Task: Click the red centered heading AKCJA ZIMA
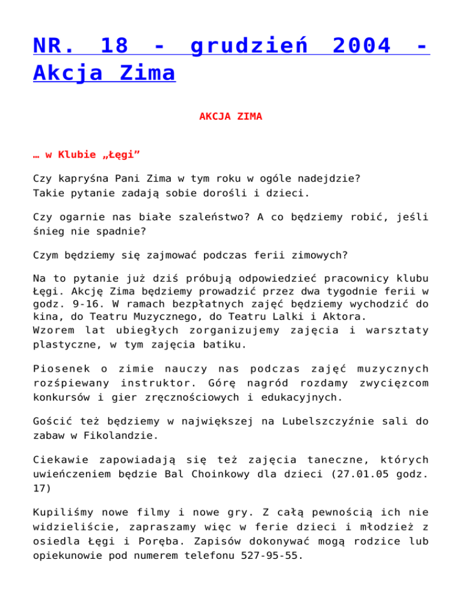(231, 117)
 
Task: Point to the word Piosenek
(60, 370)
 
